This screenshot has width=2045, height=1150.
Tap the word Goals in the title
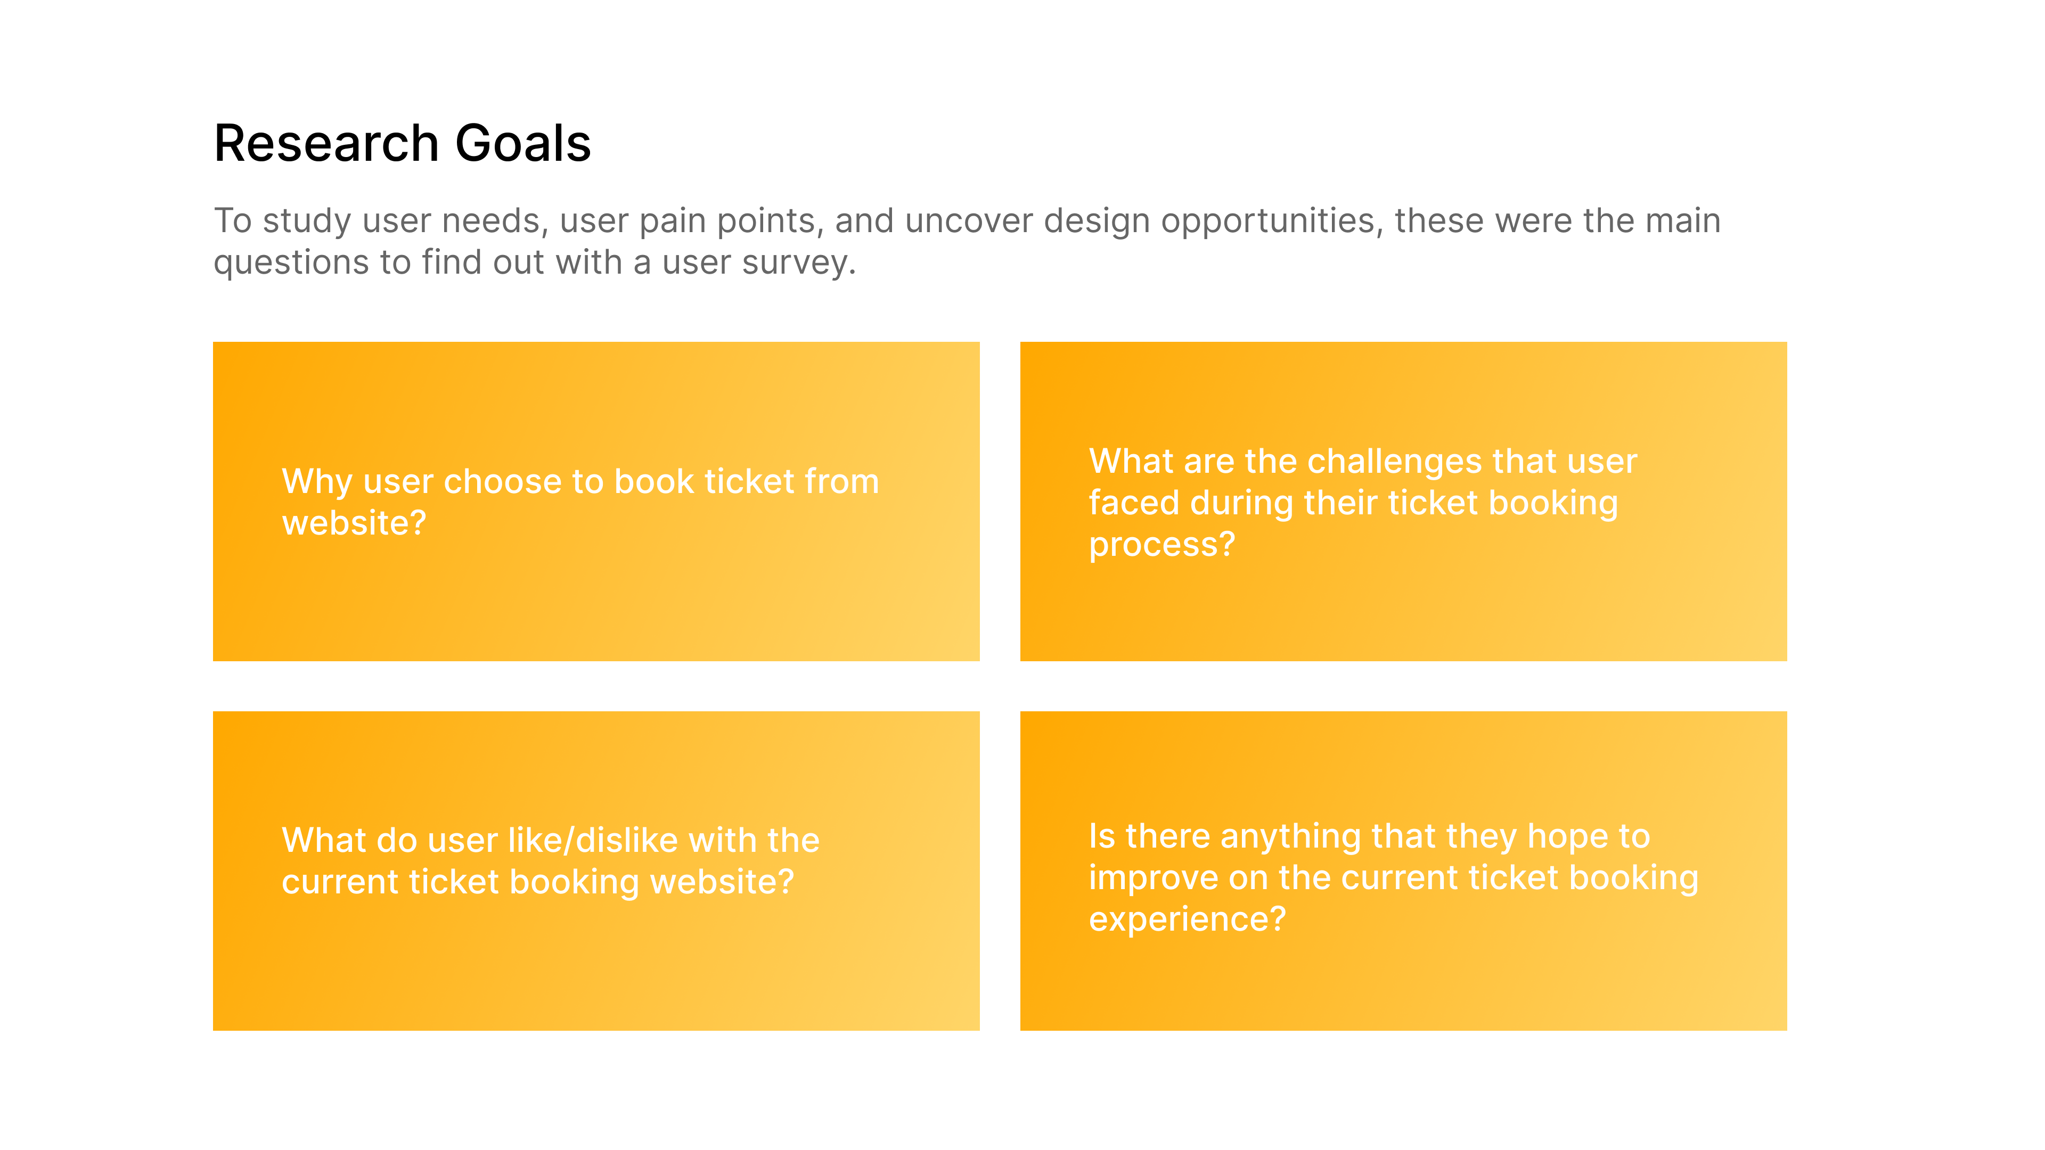[x=523, y=144]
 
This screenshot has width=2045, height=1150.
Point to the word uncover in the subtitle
[x=969, y=221]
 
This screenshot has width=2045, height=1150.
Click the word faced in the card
[x=1134, y=503]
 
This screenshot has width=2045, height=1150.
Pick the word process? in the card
[x=1162, y=545]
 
